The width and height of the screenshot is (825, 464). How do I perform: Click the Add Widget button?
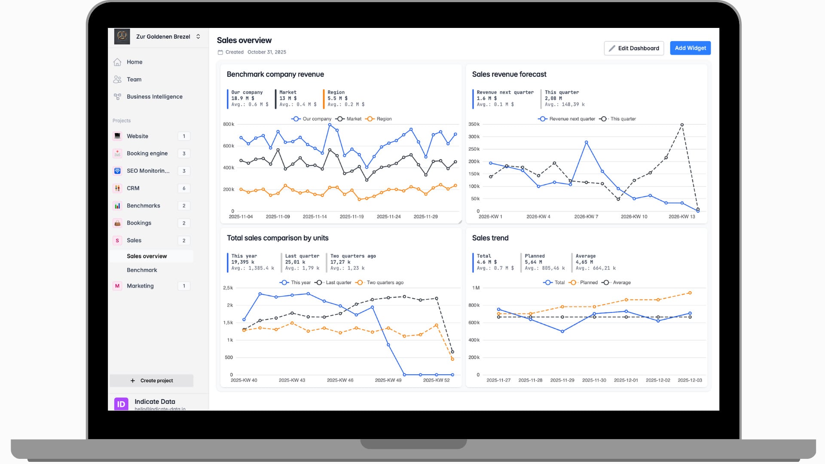click(690, 48)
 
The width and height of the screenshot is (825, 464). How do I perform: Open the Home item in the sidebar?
click(134, 62)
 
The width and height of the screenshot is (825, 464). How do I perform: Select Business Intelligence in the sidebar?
click(154, 97)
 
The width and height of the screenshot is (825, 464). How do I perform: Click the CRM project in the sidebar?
click(133, 188)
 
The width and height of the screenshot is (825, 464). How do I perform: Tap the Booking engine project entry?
click(147, 153)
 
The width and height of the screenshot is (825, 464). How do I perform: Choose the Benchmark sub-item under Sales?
click(142, 270)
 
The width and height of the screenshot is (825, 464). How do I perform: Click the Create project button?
click(152, 381)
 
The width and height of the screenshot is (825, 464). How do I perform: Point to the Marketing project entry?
click(140, 286)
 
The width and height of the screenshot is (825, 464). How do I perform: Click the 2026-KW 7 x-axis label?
click(586, 217)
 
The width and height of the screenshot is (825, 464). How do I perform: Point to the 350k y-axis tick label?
click(474, 124)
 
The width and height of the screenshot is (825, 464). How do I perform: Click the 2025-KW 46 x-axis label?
click(340, 380)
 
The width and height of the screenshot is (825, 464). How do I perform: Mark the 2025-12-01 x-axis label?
click(626, 380)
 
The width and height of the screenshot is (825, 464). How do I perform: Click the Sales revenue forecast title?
click(509, 74)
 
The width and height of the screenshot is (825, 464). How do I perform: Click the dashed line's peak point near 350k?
click(682, 125)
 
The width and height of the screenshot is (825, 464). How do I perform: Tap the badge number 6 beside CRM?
click(184, 188)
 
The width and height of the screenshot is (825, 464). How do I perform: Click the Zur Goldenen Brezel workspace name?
click(163, 37)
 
